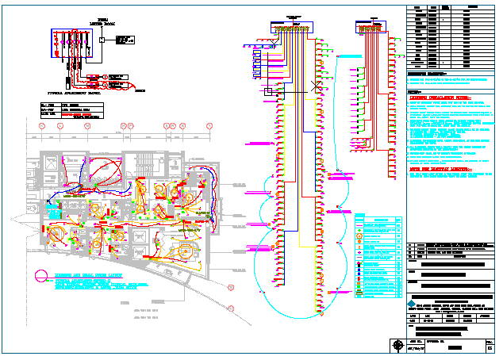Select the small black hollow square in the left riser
268,92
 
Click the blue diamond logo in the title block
411,304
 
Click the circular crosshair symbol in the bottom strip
397,344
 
